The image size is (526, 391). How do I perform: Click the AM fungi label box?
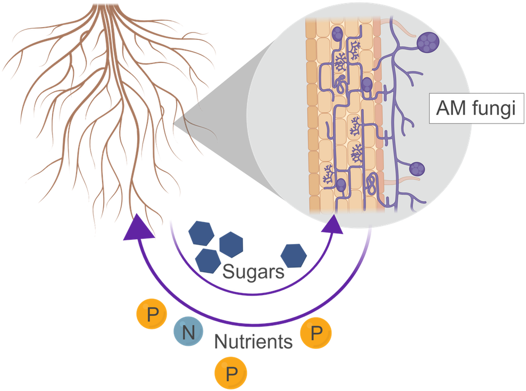pyautogui.click(x=477, y=110)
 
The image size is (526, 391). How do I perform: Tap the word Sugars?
pyautogui.click(x=253, y=272)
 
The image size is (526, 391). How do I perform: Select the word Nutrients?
pyautogui.click(x=253, y=341)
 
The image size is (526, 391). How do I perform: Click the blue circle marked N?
pyautogui.click(x=188, y=333)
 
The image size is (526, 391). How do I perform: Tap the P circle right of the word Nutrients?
pyautogui.click(x=316, y=334)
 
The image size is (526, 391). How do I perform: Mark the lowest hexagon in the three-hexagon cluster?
pyautogui.click(x=207, y=259)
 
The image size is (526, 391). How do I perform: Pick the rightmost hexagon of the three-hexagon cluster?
pyautogui.click(x=230, y=244)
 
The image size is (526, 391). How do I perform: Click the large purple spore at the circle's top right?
pyautogui.click(x=429, y=41)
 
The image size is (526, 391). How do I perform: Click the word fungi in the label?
pyautogui.click(x=495, y=110)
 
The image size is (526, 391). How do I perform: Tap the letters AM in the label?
pyautogui.click(x=450, y=110)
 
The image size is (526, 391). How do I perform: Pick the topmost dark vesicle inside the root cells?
pyautogui.click(x=338, y=35)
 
